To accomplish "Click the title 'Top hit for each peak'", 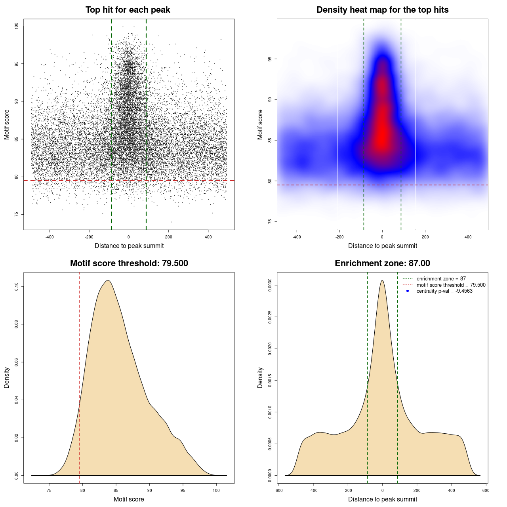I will (x=128, y=10).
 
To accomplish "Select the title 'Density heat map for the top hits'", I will (x=382, y=10).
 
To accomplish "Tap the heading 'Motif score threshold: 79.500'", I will (x=129, y=263).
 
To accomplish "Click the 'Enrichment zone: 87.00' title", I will (x=382, y=263).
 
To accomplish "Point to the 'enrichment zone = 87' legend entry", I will (x=441, y=279).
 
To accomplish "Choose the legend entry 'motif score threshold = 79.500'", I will (x=451, y=285).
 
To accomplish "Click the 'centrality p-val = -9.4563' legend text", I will (x=444, y=291).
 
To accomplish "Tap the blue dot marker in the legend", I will (x=408, y=291).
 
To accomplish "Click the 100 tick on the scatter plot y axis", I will (x=17, y=26).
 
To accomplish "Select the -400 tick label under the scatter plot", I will (x=50, y=237).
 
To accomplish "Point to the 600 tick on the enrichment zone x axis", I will (x=486, y=490).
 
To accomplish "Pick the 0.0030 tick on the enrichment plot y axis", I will (x=270, y=285).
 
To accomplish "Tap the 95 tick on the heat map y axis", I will (x=270, y=59).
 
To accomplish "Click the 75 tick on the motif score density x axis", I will (x=49, y=490).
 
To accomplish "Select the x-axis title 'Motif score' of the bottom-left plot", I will (x=129, y=499).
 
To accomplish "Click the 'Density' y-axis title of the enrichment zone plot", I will (x=260, y=377).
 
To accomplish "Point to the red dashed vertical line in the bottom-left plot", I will (x=79, y=376).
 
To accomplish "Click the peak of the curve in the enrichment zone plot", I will (x=382, y=280).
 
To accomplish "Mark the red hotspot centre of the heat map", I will (x=382, y=135).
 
